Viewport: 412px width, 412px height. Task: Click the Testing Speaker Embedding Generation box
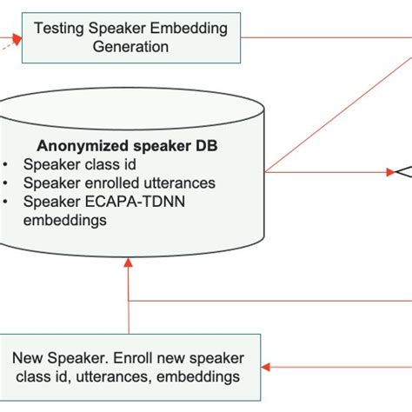pyautogui.click(x=130, y=37)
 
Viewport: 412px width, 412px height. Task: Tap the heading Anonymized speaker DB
pyautogui.click(x=129, y=144)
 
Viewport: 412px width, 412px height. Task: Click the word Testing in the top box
pyautogui.click(x=59, y=29)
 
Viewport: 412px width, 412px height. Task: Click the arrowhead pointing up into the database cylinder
pyautogui.click(x=128, y=262)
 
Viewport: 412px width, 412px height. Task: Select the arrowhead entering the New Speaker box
pyautogui.click(x=267, y=366)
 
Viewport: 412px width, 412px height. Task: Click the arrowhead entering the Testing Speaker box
pyautogui.click(x=17, y=38)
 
